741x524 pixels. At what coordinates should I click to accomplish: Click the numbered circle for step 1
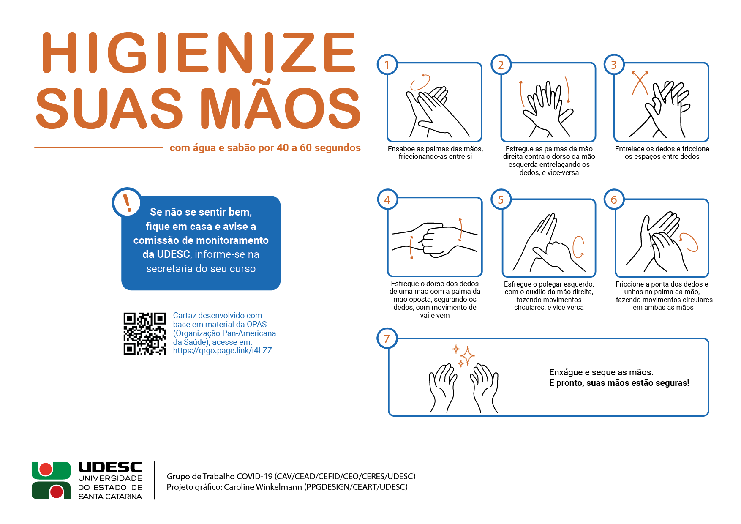387,65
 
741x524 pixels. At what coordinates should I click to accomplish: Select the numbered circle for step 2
501,65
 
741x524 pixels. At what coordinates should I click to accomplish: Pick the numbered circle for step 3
614,65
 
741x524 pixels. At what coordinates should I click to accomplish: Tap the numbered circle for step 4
387,199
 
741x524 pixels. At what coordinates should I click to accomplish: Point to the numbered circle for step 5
501,199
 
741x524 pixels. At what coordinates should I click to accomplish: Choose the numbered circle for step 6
614,199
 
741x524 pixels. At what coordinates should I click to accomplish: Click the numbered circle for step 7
387,338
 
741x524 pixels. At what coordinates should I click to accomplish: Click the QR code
144,334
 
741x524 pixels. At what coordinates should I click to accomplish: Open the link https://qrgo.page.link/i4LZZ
222,351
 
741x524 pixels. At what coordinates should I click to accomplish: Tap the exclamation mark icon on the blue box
127,202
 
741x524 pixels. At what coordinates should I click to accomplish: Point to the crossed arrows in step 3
640,83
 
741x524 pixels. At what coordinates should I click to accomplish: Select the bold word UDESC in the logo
110,467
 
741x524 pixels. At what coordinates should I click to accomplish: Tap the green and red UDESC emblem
51,480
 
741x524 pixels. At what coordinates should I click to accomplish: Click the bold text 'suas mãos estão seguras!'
638,383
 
